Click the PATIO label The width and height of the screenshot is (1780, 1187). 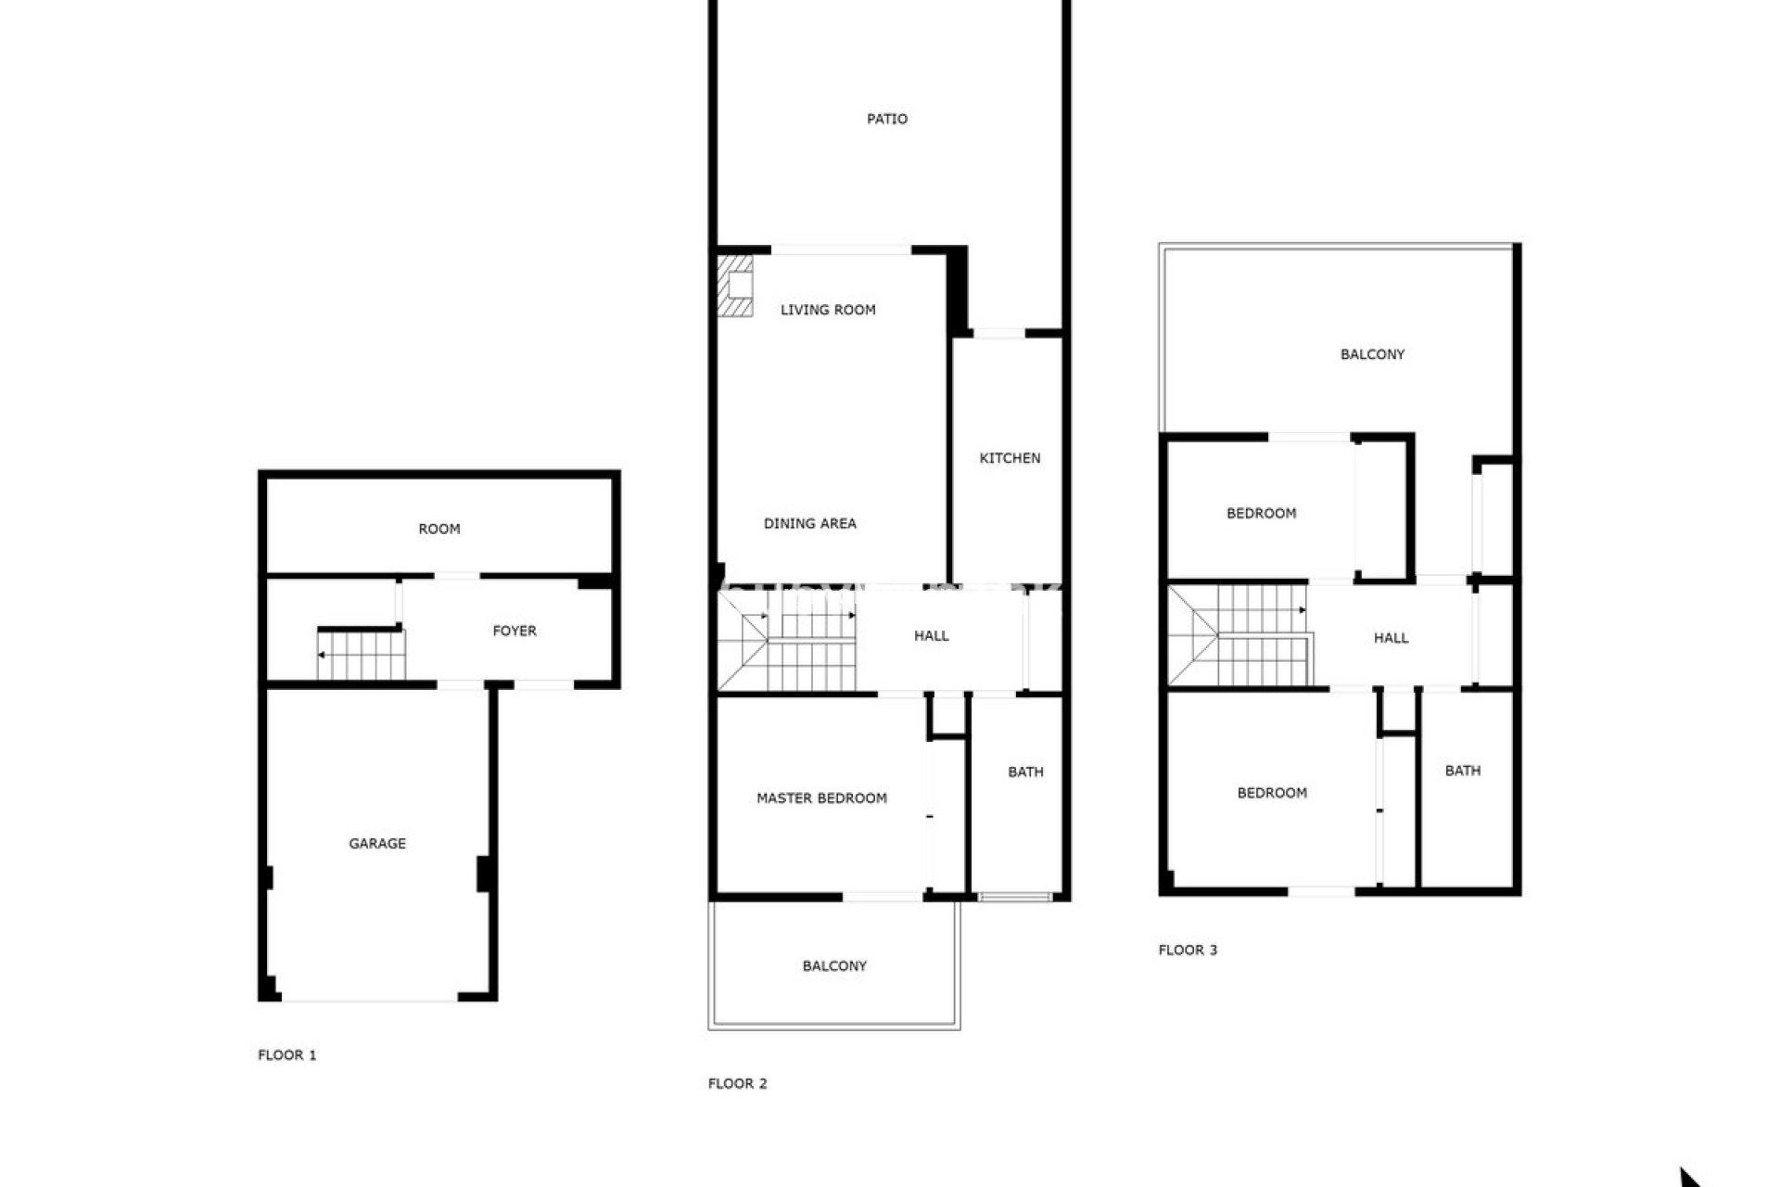[x=886, y=119]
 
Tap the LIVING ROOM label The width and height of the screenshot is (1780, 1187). [x=828, y=310]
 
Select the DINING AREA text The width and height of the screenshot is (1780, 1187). [x=809, y=523]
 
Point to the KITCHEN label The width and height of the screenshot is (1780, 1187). [x=1010, y=458]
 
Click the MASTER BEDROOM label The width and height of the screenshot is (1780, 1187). [x=821, y=798]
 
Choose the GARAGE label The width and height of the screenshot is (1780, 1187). [x=377, y=843]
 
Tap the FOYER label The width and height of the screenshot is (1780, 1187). [x=515, y=631]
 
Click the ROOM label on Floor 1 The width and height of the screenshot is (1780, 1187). [x=439, y=529]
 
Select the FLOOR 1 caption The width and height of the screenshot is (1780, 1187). [x=287, y=1054]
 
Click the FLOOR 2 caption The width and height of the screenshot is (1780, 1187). [x=738, y=1083]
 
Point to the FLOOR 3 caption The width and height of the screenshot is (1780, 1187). [x=1188, y=950]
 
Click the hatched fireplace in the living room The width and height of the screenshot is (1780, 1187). [x=735, y=287]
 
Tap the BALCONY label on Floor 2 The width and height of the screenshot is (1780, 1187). [x=834, y=965]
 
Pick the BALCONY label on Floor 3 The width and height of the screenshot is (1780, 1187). [x=1372, y=354]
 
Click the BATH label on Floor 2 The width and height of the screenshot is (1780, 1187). [x=1025, y=772]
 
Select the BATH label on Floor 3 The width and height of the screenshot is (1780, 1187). [x=1462, y=771]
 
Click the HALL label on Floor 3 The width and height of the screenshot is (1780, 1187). [x=1391, y=638]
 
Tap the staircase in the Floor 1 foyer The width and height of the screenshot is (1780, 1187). [x=362, y=654]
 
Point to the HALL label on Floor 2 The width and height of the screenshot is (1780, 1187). [x=931, y=635]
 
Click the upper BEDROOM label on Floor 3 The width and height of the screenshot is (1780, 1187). [x=1261, y=513]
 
